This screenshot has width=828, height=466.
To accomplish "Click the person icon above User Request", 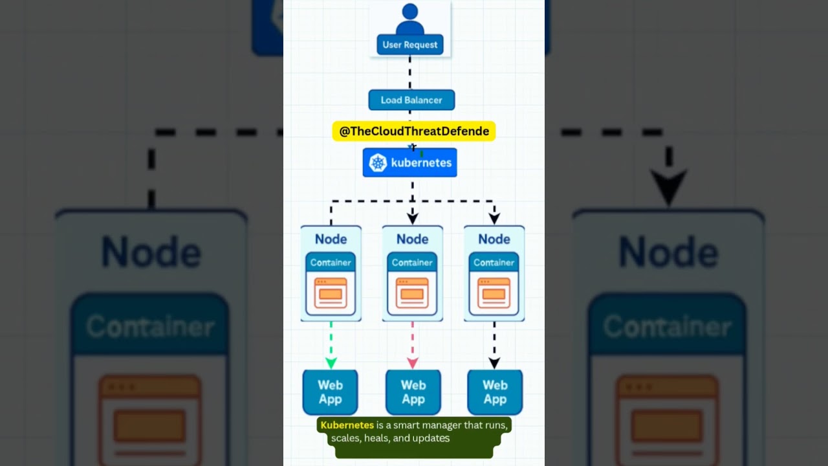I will pos(409,19).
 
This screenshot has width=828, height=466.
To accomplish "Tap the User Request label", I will pos(410,45).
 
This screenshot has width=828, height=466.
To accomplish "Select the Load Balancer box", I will pos(411,100).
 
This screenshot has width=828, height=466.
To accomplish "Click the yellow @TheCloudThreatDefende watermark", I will pos(414,131).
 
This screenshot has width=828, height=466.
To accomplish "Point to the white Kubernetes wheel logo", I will pos(378,163).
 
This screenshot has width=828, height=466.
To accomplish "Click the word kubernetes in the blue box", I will pos(421,163).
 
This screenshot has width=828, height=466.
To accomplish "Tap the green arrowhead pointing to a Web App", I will pos(331,362).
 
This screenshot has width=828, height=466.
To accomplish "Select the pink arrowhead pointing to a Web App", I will pos(413,362).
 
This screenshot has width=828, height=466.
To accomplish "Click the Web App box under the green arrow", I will pos(330,392).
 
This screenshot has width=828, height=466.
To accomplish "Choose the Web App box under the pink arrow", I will pos(413,392).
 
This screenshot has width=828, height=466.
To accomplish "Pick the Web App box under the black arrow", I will pos(495,392).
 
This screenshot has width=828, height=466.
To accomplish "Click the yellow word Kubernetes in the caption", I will pos(347,425).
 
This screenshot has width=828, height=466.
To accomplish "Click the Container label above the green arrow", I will pos(331,263).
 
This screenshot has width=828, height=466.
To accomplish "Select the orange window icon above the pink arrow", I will pos(412,293).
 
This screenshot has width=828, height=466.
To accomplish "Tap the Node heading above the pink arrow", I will pos(412,239).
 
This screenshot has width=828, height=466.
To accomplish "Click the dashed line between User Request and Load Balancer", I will pos(410,72).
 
